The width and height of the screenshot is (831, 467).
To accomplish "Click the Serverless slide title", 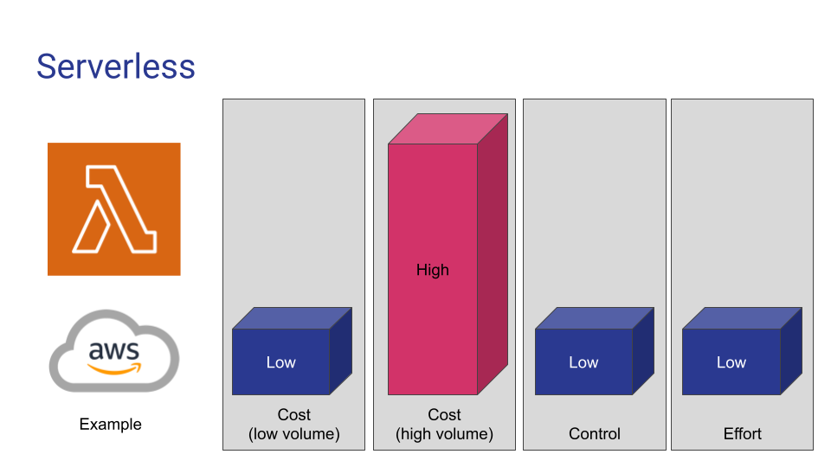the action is [115, 67].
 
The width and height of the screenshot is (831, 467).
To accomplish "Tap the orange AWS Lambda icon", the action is [114, 209].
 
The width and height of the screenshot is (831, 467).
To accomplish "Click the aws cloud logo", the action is [114, 351].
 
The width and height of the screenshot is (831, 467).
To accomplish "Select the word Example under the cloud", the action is [110, 424].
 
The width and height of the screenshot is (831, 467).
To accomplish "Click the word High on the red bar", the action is [433, 270].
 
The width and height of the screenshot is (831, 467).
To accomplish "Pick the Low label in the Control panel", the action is [583, 362].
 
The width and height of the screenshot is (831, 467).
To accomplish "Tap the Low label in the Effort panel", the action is [731, 362].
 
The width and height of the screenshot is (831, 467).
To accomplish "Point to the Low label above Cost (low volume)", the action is [280, 362].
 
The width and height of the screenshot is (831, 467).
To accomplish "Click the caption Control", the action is [595, 433].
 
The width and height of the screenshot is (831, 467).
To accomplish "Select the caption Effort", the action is [743, 433].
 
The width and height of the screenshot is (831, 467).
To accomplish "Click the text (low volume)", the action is [294, 434].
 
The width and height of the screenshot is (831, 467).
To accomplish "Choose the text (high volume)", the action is [445, 434].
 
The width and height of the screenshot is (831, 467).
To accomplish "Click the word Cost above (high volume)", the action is [445, 414].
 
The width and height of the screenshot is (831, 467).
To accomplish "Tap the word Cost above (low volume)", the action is [294, 414].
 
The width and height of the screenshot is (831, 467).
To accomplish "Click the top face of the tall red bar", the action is [448, 129].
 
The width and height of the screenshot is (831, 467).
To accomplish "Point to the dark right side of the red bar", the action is [493, 254].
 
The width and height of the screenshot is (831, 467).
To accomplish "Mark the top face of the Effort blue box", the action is [742, 318].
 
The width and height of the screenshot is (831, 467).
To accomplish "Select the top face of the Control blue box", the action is [595, 318].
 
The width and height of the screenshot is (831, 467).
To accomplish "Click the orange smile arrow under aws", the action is [114, 369].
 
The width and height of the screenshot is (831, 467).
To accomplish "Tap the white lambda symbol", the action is [114, 209].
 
